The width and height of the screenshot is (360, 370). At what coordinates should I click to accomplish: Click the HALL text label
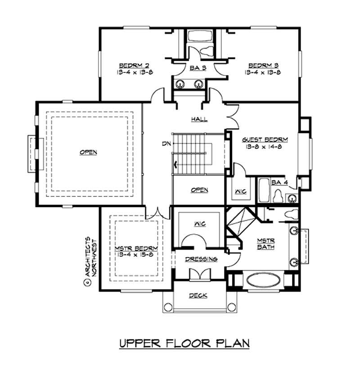click(x=199, y=119)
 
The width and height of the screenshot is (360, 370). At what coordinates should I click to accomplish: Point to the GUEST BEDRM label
click(x=265, y=139)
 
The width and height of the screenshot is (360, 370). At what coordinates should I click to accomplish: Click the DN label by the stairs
click(x=166, y=144)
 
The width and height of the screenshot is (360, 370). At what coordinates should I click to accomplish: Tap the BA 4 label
click(x=279, y=183)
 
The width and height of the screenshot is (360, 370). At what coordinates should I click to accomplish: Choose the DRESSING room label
click(x=201, y=259)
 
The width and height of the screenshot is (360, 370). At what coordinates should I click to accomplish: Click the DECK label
click(x=198, y=295)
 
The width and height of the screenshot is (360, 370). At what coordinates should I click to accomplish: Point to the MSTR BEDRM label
click(x=130, y=249)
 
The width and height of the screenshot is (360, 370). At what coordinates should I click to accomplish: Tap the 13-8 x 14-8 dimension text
click(x=265, y=146)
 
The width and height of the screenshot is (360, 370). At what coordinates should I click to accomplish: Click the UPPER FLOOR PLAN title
click(x=184, y=344)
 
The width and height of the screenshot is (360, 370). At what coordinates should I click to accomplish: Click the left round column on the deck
click(x=168, y=307)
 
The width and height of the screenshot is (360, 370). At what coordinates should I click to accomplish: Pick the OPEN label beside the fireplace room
click(x=88, y=152)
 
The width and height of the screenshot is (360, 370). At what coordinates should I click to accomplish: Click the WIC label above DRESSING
click(x=199, y=224)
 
